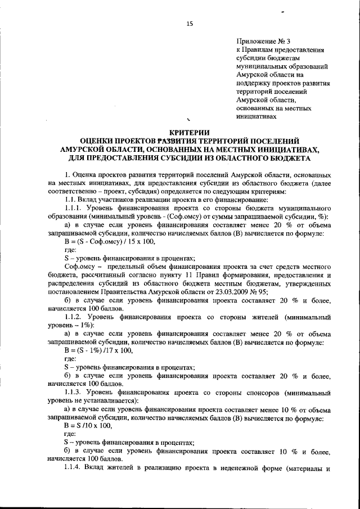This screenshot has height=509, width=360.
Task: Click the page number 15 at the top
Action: (189, 23)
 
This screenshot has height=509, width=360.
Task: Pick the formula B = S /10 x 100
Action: (92, 427)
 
